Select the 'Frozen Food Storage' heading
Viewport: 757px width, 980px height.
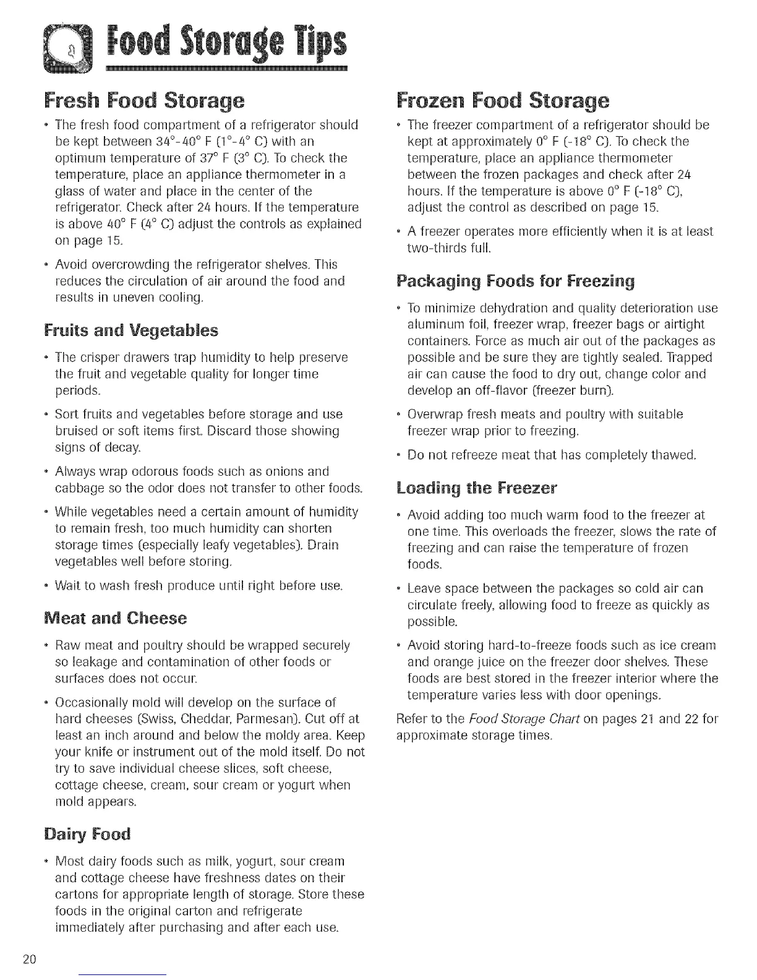[502, 100]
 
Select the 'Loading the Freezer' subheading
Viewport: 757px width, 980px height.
[476, 488]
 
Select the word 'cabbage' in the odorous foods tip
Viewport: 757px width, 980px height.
[77, 488]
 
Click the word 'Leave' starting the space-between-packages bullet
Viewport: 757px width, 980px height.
[422, 588]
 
